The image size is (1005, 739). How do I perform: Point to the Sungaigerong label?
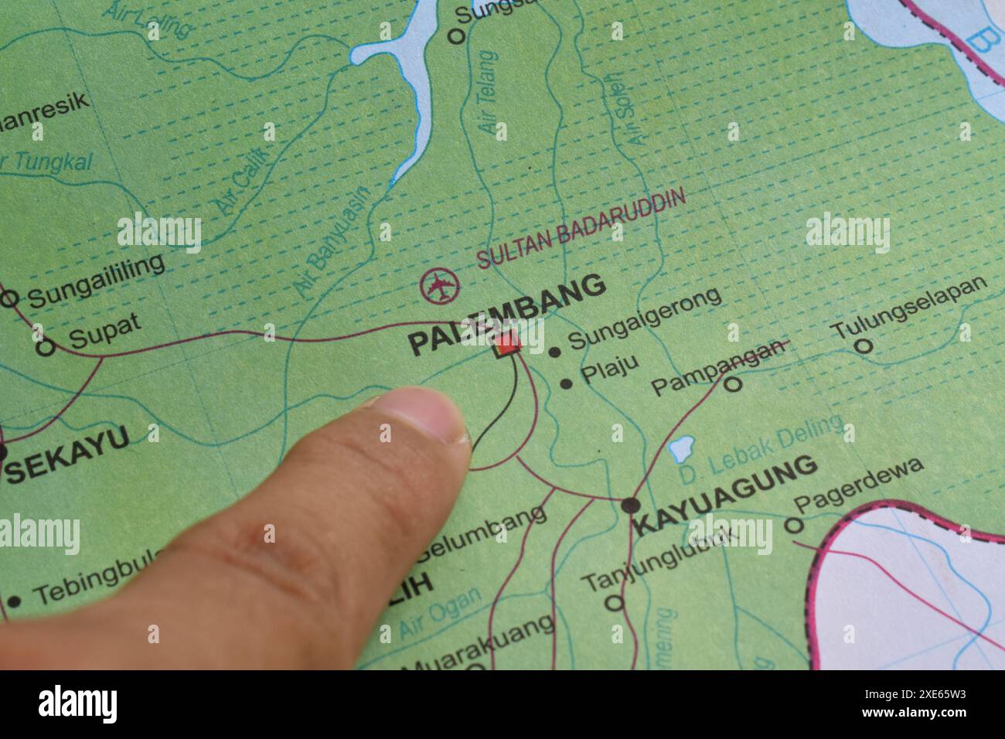coord(645,318)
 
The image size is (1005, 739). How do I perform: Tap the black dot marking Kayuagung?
coord(631,505)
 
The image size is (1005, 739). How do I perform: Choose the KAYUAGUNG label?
coord(724,496)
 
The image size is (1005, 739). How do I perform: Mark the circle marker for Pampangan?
coord(734,383)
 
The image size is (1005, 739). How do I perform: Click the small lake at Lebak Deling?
coord(681,448)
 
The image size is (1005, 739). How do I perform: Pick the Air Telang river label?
coord(490,94)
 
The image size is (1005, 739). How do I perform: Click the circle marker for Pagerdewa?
coord(792,526)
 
